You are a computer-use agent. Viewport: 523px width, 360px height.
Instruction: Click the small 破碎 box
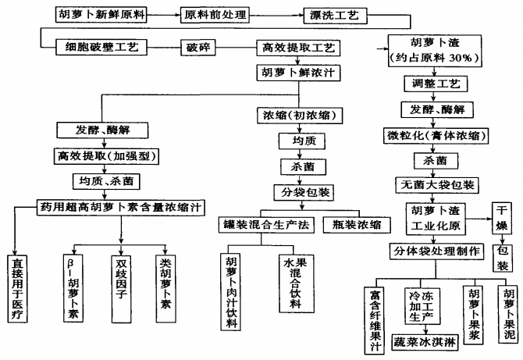click(196, 48)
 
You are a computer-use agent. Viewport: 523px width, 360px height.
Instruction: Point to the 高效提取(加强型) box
click(115, 155)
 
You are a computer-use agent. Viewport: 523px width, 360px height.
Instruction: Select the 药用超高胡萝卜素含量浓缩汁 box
click(119, 207)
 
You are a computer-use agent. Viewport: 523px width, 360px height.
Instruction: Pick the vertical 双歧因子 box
click(120, 286)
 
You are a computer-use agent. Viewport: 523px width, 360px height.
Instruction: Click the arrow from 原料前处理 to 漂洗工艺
click(272, 15)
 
